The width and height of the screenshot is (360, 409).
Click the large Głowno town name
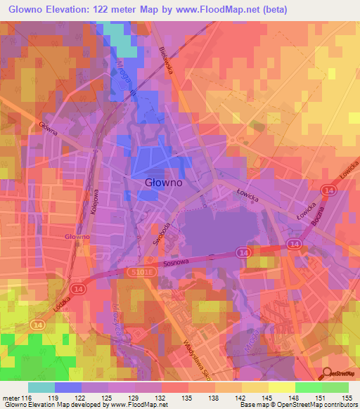click(x=164, y=182)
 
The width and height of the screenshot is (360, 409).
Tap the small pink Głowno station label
click(x=77, y=237)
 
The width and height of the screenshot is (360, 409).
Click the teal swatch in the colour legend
click(x=41, y=387)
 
